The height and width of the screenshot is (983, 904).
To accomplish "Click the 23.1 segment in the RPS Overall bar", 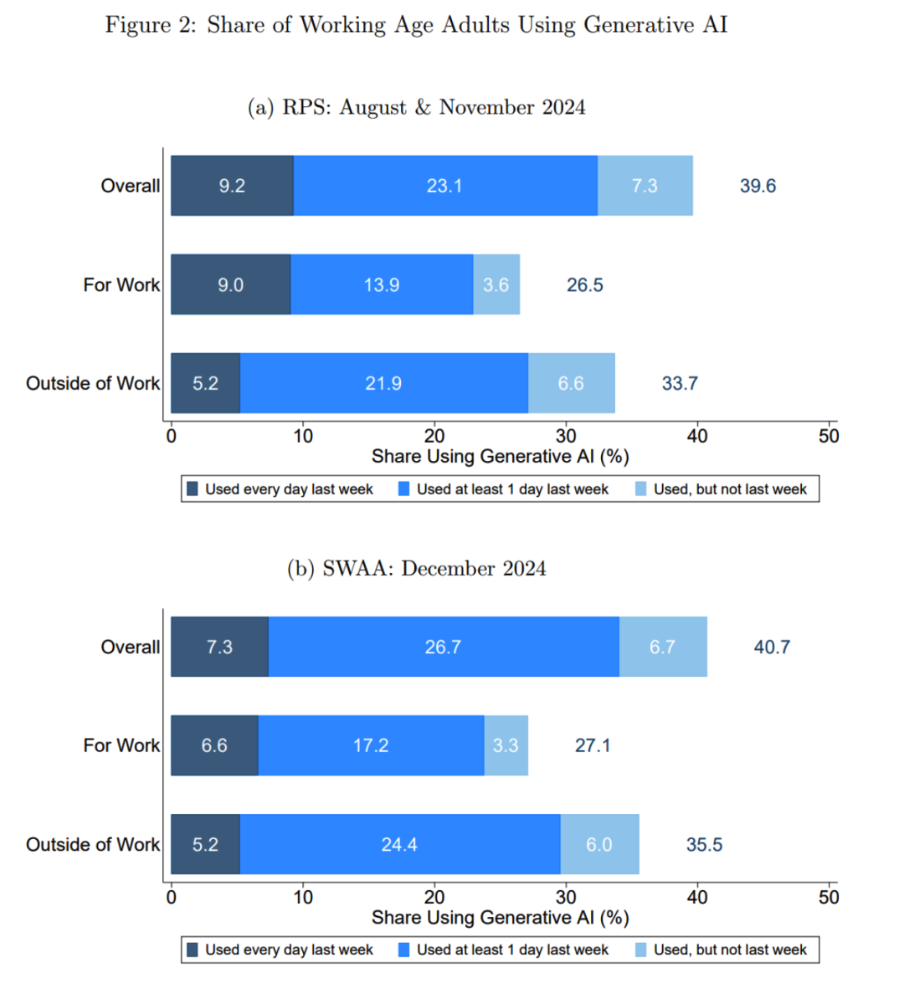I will pyautogui.click(x=444, y=186).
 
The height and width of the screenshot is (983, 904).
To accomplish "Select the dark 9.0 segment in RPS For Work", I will pyautogui.click(x=231, y=284).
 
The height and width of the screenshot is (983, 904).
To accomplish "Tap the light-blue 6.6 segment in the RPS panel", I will pyautogui.click(x=571, y=383).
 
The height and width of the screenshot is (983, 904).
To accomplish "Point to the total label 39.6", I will pyautogui.click(x=758, y=186).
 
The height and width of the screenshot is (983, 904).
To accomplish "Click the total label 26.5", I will pyautogui.click(x=584, y=285).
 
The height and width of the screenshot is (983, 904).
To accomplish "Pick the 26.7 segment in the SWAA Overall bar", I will pyautogui.click(x=443, y=647).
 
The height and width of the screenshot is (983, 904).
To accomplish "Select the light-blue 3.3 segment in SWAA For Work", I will pyautogui.click(x=506, y=745).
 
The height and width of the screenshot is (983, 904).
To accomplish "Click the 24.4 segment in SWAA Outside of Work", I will pyautogui.click(x=399, y=844).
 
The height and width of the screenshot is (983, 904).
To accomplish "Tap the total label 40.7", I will pyautogui.click(x=772, y=647).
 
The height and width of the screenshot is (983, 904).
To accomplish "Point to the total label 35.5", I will pyautogui.click(x=704, y=845).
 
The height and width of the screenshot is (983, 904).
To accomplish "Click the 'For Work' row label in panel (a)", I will pyautogui.click(x=121, y=285).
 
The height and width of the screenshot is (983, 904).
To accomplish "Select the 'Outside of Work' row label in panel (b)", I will pyautogui.click(x=93, y=845).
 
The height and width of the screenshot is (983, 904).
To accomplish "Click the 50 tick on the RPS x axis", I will pyautogui.click(x=829, y=437).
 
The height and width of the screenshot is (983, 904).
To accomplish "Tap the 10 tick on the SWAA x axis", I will pyautogui.click(x=303, y=898).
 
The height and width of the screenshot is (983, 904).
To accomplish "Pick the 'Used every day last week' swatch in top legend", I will pyautogui.click(x=193, y=489).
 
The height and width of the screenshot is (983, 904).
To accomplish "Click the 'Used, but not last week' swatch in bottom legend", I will pyautogui.click(x=640, y=950).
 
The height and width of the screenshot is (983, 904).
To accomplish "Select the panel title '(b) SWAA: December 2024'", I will pyautogui.click(x=416, y=569).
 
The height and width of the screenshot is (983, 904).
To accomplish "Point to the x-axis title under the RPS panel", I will pyautogui.click(x=500, y=457).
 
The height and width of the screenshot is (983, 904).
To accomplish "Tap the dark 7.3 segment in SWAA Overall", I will pyautogui.click(x=219, y=647).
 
